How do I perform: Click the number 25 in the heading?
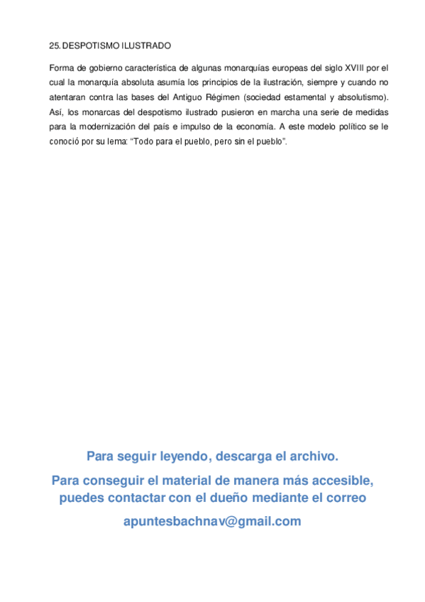[x=55, y=46]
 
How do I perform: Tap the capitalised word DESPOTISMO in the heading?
[x=91, y=46]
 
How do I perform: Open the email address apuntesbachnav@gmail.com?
[x=212, y=522]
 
